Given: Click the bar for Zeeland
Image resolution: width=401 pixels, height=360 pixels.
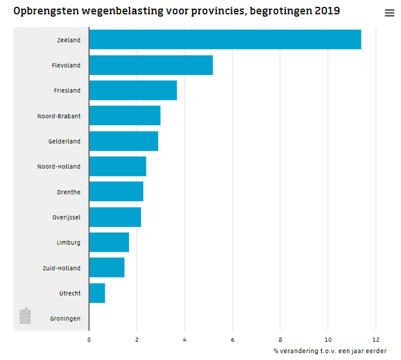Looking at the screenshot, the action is [x=226, y=39].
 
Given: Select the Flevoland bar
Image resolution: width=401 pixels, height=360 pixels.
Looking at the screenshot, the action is [x=151, y=65].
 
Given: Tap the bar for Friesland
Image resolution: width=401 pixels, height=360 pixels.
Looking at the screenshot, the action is [x=133, y=90].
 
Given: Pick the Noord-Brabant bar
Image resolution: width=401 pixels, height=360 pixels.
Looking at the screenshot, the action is [x=125, y=115].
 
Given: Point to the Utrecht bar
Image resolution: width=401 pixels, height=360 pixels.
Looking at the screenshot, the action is [x=97, y=293].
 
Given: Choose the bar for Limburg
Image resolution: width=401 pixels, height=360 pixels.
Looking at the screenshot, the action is [x=109, y=242].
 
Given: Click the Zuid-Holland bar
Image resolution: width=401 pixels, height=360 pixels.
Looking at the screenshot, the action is [x=107, y=268].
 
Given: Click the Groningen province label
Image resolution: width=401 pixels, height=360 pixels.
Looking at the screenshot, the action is [x=65, y=319].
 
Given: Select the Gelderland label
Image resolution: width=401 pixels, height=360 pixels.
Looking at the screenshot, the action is [x=64, y=141].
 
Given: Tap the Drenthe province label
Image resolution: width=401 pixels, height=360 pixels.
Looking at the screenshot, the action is [x=69, y=192].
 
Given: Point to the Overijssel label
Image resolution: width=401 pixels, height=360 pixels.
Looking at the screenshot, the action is [x=67, y=217].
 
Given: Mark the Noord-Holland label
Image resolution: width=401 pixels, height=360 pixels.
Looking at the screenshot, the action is [x=59, y=166].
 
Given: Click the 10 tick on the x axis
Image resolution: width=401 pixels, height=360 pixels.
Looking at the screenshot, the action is [x=328, y=340].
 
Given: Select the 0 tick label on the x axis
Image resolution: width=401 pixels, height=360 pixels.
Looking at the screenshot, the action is [x=89, y=340].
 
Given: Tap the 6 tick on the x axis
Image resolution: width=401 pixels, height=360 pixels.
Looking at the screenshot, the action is [x=232, y=340].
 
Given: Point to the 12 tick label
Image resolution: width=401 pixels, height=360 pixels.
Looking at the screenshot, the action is [x=376, y=340].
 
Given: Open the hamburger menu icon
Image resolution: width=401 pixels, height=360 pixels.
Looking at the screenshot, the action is [x=389, y=13].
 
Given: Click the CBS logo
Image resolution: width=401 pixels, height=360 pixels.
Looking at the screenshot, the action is [x=25, y=316].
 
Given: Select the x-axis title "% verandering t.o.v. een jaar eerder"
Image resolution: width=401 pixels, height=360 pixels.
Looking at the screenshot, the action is [x=330, y=351].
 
